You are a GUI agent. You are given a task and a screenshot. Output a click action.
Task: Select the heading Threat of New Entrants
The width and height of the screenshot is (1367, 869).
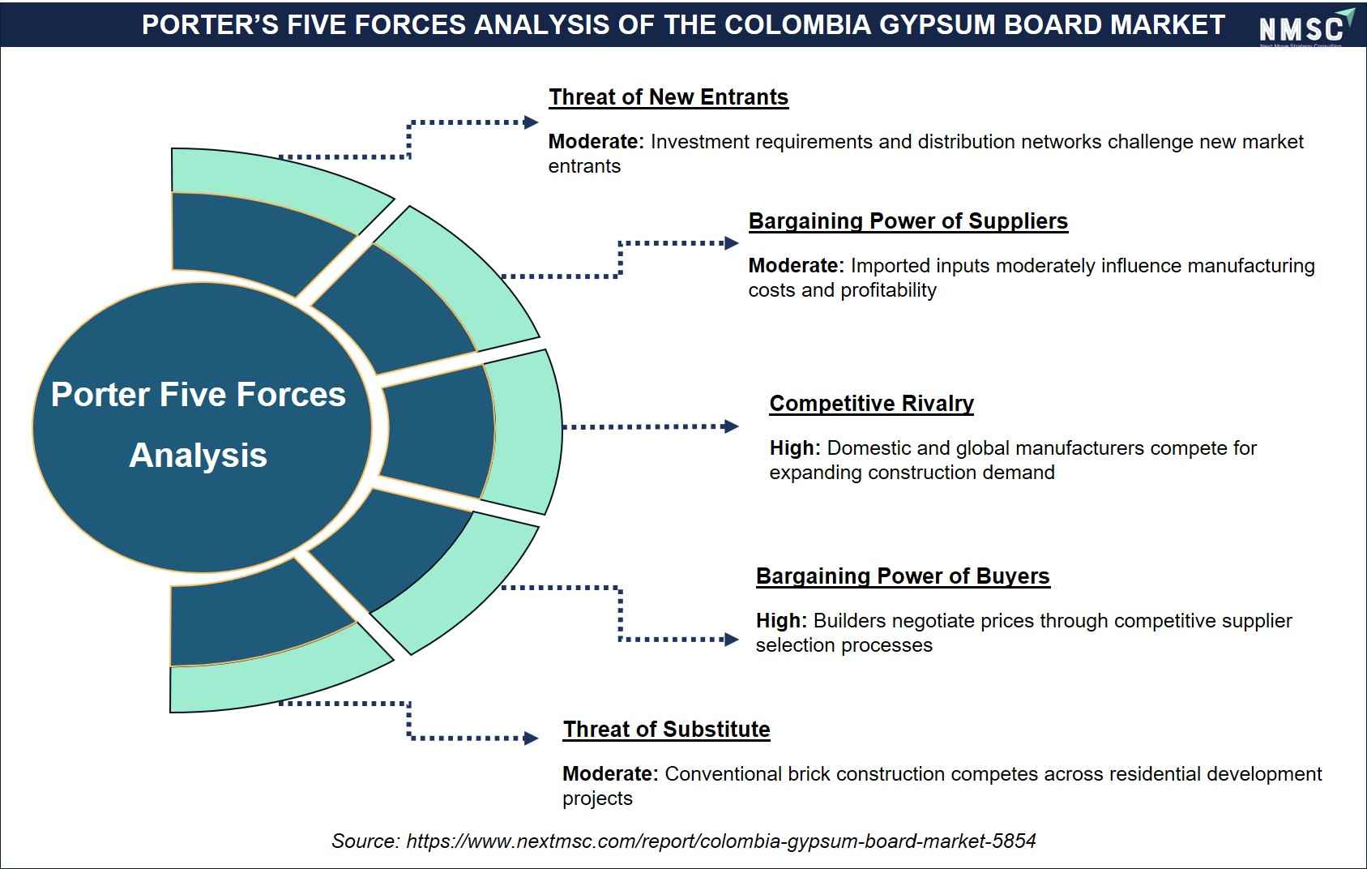pos(669,97)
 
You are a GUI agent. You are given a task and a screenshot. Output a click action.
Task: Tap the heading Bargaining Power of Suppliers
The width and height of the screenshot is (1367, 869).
pos(908,221)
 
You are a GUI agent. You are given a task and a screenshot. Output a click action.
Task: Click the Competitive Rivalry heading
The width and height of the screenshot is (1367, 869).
pos(871,404)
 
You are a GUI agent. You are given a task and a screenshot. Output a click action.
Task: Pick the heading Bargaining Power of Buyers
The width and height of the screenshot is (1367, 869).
pos(903,576)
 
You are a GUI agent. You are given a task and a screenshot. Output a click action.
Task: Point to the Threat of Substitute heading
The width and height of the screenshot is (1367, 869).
pos(666,729)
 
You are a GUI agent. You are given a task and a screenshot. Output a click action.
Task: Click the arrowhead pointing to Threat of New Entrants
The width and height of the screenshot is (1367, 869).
pos(531,122)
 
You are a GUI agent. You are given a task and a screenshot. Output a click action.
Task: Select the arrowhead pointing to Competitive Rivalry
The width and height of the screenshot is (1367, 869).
pos(730,426)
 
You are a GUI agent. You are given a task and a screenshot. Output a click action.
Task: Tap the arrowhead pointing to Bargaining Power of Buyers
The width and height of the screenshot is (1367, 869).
pos(731,640)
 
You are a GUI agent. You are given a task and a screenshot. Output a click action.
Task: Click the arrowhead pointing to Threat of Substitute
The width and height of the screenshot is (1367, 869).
pos(531,738)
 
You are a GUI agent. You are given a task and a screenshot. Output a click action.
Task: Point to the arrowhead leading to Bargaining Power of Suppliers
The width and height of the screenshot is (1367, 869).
pos(731,243)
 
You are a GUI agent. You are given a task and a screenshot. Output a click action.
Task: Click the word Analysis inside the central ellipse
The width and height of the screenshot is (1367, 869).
pos(199,456)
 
